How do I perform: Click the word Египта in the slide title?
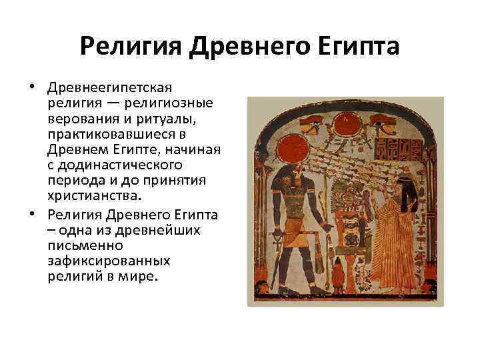(x=359, y=48)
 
